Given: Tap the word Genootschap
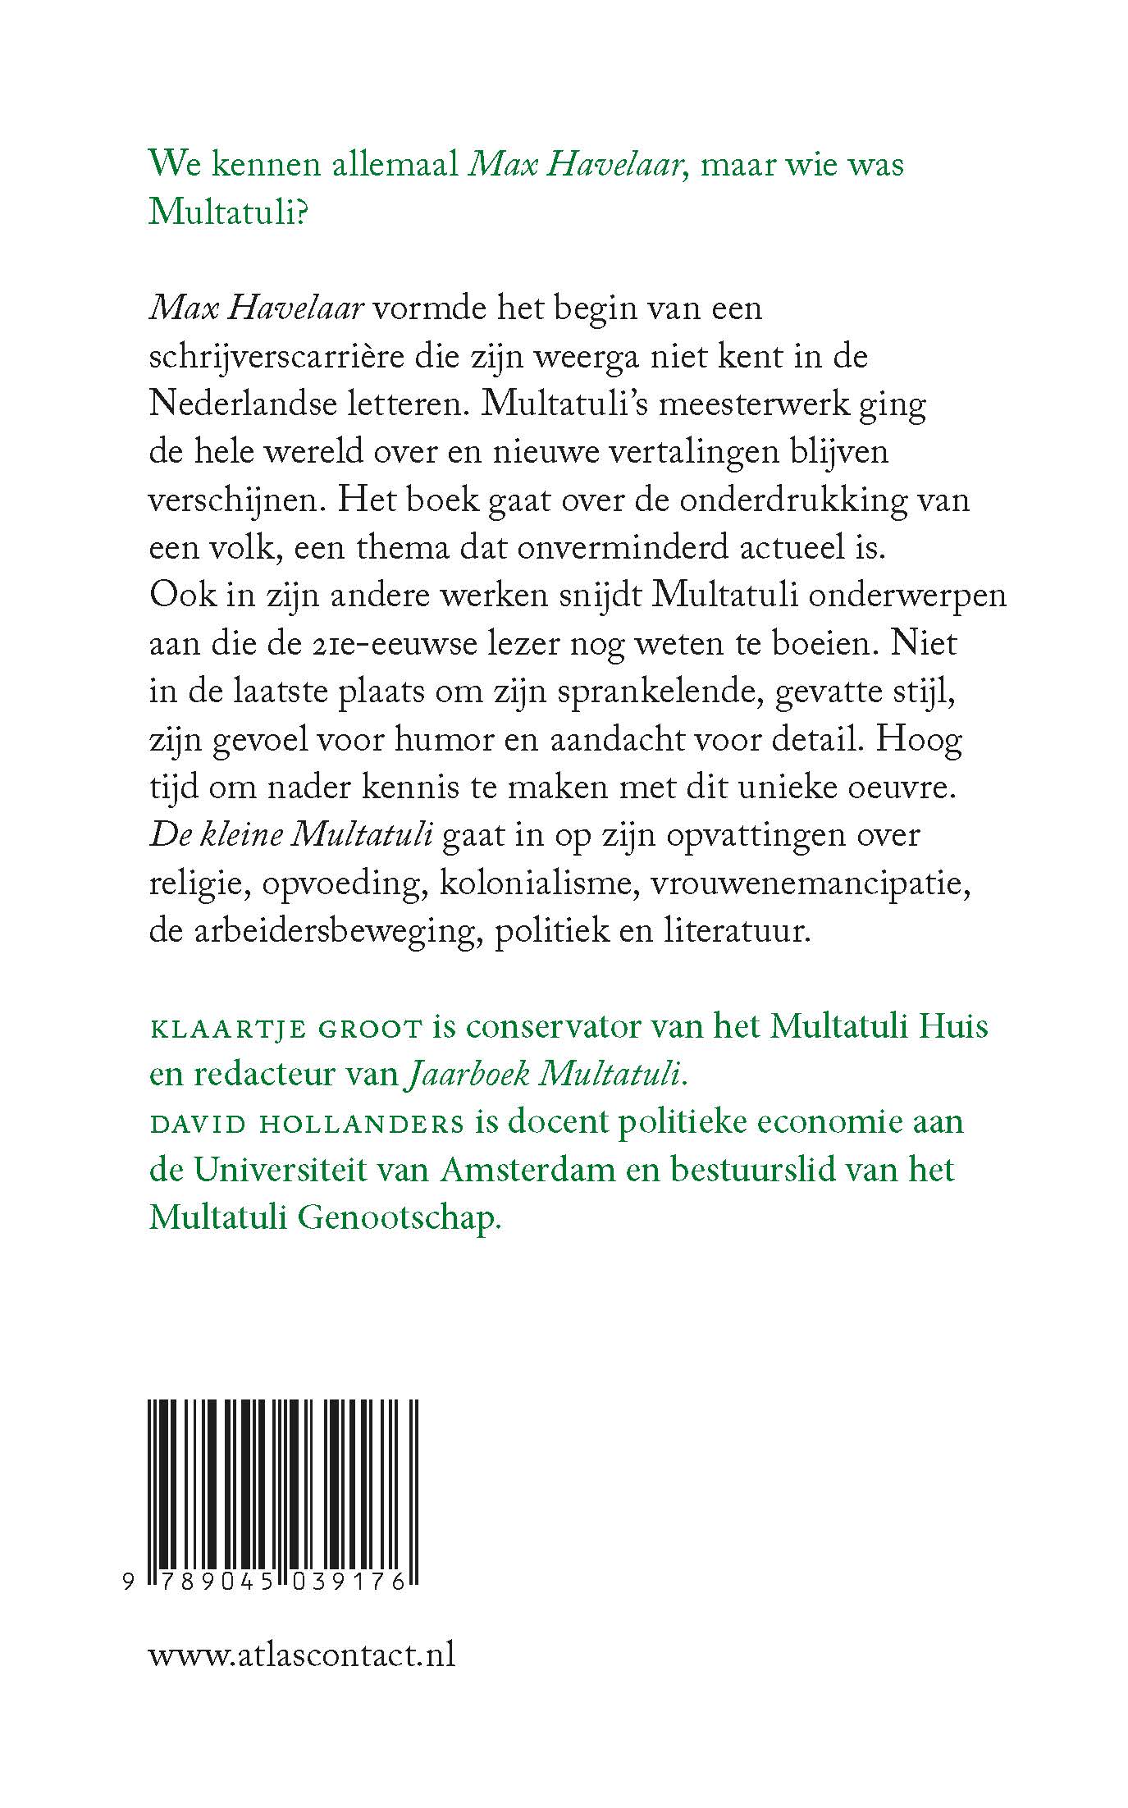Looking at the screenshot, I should pyautogui.click(x=398, y=1218).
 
